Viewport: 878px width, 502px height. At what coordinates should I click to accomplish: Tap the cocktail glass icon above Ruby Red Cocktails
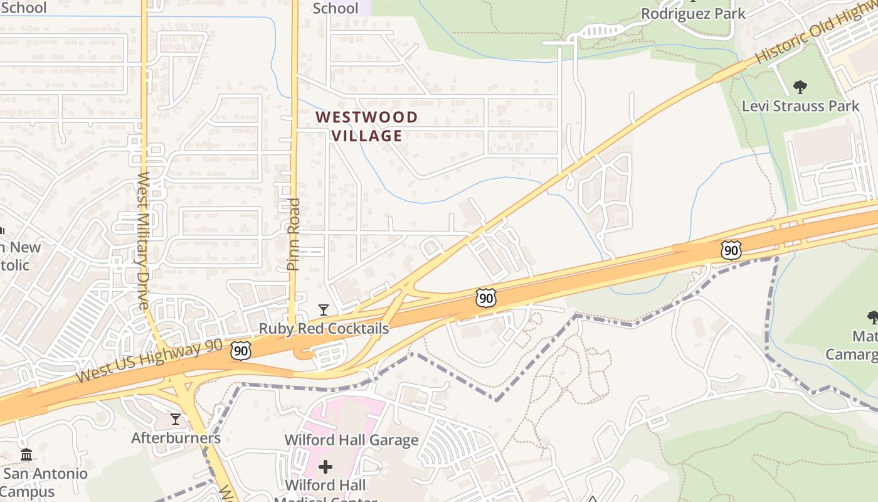[x=323, y=309]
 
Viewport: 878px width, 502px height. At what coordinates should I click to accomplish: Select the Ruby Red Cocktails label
[x=324, y=328]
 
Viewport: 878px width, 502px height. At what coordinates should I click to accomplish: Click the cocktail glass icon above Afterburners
[x=176, y=419]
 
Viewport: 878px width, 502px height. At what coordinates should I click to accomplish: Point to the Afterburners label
[x=176, y=437]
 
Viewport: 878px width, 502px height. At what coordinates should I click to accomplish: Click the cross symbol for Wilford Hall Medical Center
[x=325, y=467]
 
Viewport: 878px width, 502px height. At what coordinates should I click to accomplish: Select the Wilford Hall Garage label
[x=351, y=440]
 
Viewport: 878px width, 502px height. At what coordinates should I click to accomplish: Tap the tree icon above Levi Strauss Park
[x=800, y=87]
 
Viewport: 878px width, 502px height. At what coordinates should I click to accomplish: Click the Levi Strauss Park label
[x=800, y=105]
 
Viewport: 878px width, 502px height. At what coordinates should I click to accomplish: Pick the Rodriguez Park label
[x=693, y=13]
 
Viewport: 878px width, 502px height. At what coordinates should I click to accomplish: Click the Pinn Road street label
[x=294, y=234]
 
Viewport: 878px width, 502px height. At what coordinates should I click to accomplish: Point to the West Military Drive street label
[x=143, y=240]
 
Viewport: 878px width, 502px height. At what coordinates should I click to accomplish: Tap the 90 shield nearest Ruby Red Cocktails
[x=241, y=351]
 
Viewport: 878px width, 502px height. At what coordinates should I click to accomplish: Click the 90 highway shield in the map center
[x=486, y=298]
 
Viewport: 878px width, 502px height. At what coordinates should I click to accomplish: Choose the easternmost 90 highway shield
[x=731, y=250]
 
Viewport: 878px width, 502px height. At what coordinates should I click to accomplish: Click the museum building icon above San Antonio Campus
[x=26, y=454]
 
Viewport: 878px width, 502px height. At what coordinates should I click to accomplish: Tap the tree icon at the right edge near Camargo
[x=872, y=318]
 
